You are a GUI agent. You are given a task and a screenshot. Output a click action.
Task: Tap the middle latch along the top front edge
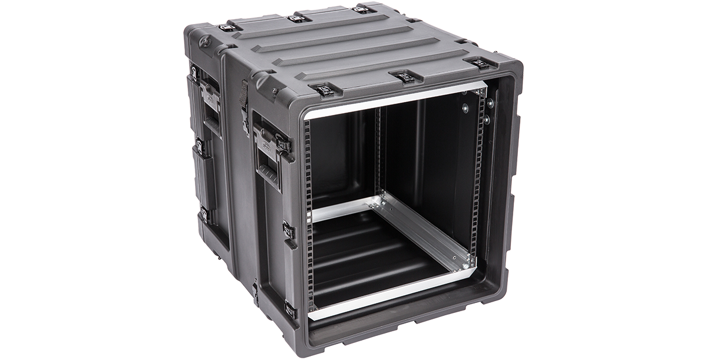pos(404,77)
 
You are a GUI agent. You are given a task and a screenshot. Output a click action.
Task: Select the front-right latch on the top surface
pos(480,63)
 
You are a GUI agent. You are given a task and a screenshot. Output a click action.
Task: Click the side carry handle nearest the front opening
pos(269,155)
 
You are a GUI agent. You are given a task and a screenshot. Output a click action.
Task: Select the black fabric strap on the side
pos(244,101)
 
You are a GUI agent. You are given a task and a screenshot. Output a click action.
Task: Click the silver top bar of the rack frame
pos(395,100)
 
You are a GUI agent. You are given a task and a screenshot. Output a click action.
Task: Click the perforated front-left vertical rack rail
pos(307,212)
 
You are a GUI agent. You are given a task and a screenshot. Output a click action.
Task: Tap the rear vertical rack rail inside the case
pos(378,153)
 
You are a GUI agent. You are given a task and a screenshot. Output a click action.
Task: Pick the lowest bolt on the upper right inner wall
pos(487,120)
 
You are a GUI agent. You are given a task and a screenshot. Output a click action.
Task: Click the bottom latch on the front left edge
pos(290,308)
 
